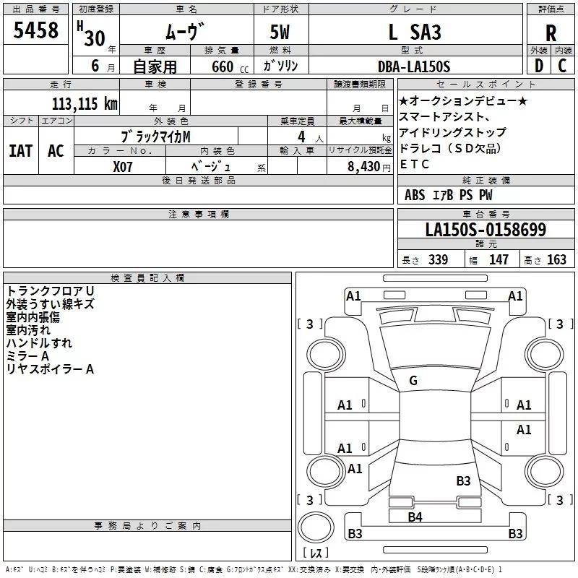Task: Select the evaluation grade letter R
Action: [x=551, y=33]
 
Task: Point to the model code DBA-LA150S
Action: [x=414, y=66]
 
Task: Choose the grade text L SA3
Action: [x=415, y=33]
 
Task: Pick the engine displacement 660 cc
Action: [x=220, y=66]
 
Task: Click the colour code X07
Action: [x=124, y=165]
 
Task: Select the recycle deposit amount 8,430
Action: [x=364, y=165]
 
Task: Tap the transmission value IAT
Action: [x=20, y=150]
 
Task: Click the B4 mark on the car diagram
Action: [x=415, y=517]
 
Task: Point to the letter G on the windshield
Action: [x=413, y=381]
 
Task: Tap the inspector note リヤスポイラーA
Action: [x=50, y=369]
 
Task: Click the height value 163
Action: [x=556, y=260]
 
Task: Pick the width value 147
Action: [x=499, y=260]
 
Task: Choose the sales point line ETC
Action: [x=414, y=164]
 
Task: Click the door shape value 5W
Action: [x=281, y=33]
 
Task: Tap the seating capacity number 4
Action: [x=300, y=136]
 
